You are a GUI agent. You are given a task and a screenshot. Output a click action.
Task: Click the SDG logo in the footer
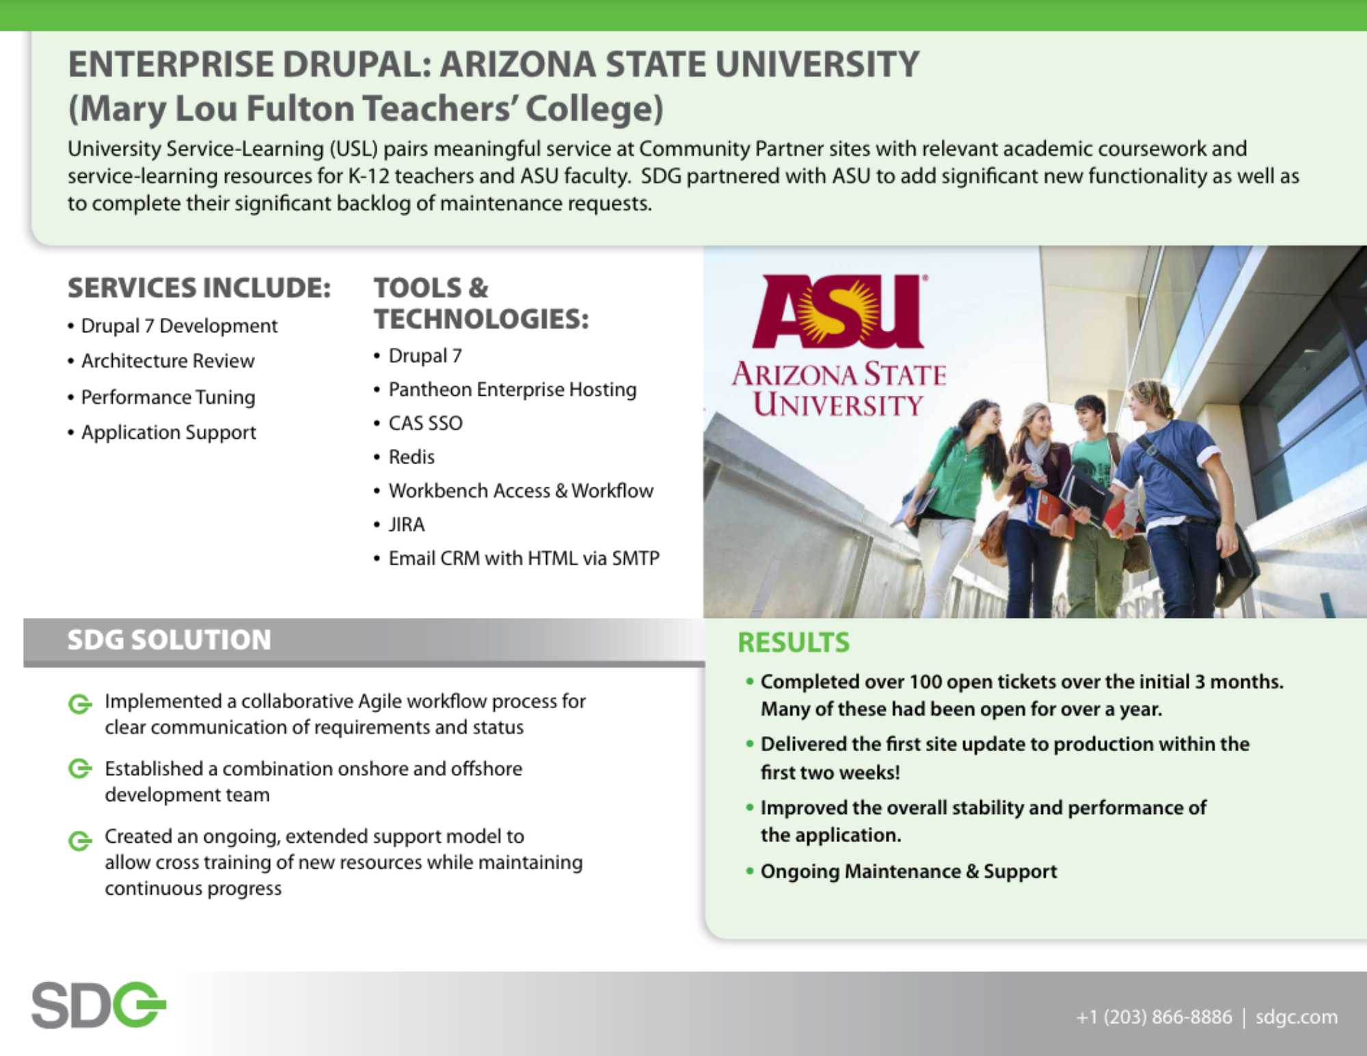pos(99,1005)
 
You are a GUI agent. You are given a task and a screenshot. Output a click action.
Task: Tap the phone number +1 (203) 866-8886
pos(1154,1017)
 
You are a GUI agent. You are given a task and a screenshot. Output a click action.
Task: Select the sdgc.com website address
pos(1296,1017)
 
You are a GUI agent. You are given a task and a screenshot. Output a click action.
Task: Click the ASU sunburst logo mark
pos(840,311)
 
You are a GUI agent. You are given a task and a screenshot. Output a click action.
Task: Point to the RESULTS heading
pos(794,642)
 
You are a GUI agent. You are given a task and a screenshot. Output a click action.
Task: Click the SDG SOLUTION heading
pos(169,640)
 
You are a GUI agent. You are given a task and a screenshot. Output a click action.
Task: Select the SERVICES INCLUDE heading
pos(199,288)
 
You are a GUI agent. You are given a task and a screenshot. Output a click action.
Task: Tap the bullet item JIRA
pos(407,524)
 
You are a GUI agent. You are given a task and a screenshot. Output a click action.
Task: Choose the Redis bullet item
pos(411,457)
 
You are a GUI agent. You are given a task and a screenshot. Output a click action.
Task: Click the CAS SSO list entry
pos(425,423)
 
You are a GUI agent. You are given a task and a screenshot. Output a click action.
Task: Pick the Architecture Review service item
pos(168,361)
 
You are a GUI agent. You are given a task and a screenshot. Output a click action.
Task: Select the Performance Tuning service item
pos(168,397)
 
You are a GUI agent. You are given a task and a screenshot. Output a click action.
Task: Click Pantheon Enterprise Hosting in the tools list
pos(513,390)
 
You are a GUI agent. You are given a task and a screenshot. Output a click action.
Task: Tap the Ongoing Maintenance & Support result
pos(909,871)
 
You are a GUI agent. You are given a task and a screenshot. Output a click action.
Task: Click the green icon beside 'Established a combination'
pos(80,769)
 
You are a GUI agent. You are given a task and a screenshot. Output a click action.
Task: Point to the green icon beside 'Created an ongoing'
pos(80,840)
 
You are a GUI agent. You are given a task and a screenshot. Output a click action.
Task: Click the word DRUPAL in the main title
pos(357,65)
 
